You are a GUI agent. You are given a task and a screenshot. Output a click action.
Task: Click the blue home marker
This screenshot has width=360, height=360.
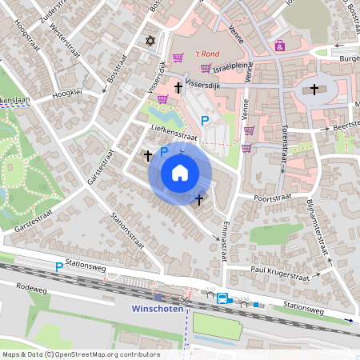(x=180, y=173)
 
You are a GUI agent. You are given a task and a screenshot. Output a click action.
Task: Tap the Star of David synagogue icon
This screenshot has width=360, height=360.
(x=148, y=41)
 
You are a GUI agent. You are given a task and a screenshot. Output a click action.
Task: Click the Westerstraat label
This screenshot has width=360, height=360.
(x=58, y=48)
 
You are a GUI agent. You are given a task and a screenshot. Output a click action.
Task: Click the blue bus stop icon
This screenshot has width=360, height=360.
(x=222, y=299)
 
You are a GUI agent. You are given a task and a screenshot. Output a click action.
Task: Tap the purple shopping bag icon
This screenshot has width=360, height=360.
(x=279, y=46)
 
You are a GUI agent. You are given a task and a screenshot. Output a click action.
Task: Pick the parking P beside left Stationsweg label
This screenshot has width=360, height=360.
(x=58, y=266)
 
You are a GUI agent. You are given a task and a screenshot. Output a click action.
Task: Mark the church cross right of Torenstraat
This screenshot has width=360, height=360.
(x=314, y=89)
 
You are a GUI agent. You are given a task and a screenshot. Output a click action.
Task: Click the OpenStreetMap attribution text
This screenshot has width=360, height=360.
(x=80, y=354)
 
